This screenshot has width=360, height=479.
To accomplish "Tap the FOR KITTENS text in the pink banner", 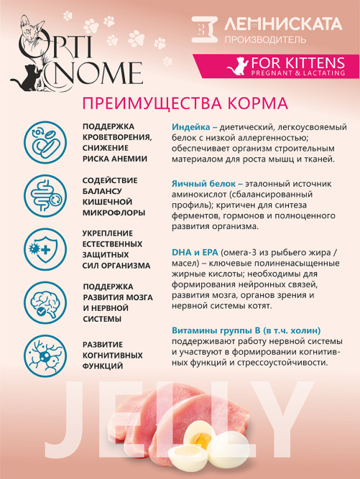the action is coord(296,63).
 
